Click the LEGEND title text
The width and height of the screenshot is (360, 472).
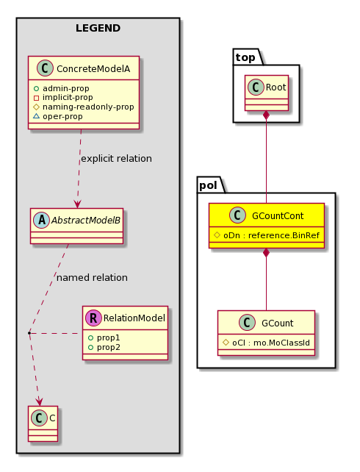[98, 28]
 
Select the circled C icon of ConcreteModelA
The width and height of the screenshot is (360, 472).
[45, 68]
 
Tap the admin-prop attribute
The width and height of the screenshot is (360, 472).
[66, 88]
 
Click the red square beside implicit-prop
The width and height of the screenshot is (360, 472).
[37, 98]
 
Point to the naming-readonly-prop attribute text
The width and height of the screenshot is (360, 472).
[88, 107]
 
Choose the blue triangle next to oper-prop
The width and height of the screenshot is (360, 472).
[37, 116]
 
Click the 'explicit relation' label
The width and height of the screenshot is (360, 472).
[116, 159]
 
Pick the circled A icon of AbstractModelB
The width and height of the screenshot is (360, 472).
[42, 221]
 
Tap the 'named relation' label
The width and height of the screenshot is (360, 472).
[92, 278]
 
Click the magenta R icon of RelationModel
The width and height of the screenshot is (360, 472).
[93, 318]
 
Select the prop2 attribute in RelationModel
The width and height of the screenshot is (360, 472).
[108, 347]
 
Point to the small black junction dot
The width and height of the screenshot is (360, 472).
[29, 333]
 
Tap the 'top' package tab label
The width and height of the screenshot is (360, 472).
[245, 57]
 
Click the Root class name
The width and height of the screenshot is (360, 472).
[276, 87]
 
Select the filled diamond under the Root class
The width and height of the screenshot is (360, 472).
[266, 115]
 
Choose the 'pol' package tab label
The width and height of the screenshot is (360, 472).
[208, 185]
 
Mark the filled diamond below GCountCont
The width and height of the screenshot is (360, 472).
[266, 253]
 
